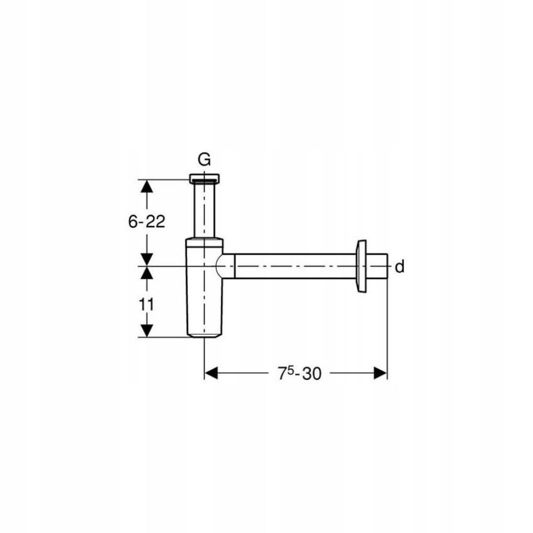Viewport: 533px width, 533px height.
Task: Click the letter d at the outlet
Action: point(400,267)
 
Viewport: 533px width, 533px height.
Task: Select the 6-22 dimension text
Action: point(146,222)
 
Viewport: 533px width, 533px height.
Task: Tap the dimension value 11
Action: point(146,304)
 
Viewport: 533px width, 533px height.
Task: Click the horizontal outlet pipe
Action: point(295,266)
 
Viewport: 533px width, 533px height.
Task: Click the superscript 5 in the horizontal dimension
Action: point(290,369)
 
